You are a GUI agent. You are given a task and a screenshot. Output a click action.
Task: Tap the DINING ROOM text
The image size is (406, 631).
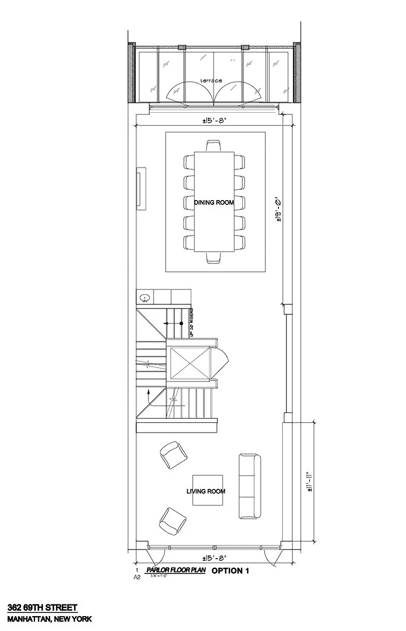214,203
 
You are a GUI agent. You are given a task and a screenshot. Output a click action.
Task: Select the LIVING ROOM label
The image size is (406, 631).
206,491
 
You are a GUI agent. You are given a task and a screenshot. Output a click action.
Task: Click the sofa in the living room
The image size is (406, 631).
250,486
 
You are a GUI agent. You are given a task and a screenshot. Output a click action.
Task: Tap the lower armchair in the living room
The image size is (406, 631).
172,520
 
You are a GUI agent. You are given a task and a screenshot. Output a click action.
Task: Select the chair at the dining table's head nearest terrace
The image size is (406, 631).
213,146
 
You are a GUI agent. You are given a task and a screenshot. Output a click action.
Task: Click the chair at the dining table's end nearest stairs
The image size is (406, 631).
213,258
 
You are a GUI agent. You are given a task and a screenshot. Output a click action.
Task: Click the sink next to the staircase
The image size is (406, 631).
144,297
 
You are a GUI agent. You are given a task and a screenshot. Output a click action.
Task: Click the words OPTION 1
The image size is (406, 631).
230,571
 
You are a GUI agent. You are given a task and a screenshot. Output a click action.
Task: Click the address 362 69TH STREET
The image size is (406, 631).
43,608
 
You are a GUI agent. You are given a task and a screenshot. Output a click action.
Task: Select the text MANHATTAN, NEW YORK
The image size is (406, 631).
50,619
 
